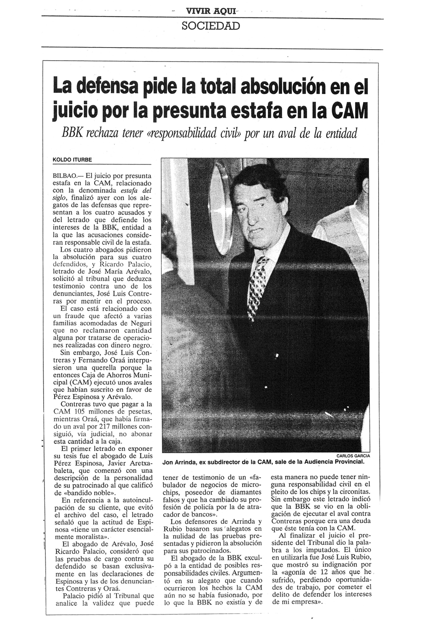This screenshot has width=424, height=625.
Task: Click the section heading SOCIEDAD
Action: click(211, 26)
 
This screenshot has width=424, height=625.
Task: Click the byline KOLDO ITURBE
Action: click(72, 160)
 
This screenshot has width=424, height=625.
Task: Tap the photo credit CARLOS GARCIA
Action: click(353, 456)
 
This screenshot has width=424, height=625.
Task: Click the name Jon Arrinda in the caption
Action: click(178, 462)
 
